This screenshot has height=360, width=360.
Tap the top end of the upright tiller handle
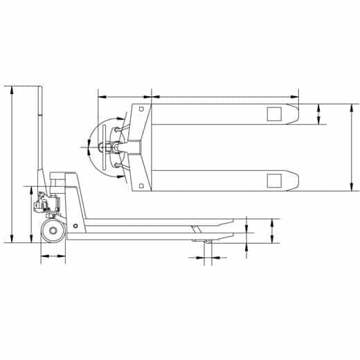click(41, 89)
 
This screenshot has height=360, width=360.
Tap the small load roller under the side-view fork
click(206, 242)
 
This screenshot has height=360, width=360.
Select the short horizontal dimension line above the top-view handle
click(123, 97)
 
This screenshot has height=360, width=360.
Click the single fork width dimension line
click(319, 114)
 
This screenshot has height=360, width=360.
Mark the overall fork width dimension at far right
click(351, 147)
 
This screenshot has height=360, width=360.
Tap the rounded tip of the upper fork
click(296, 114)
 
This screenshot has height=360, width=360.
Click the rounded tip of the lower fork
click(296, 181)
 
